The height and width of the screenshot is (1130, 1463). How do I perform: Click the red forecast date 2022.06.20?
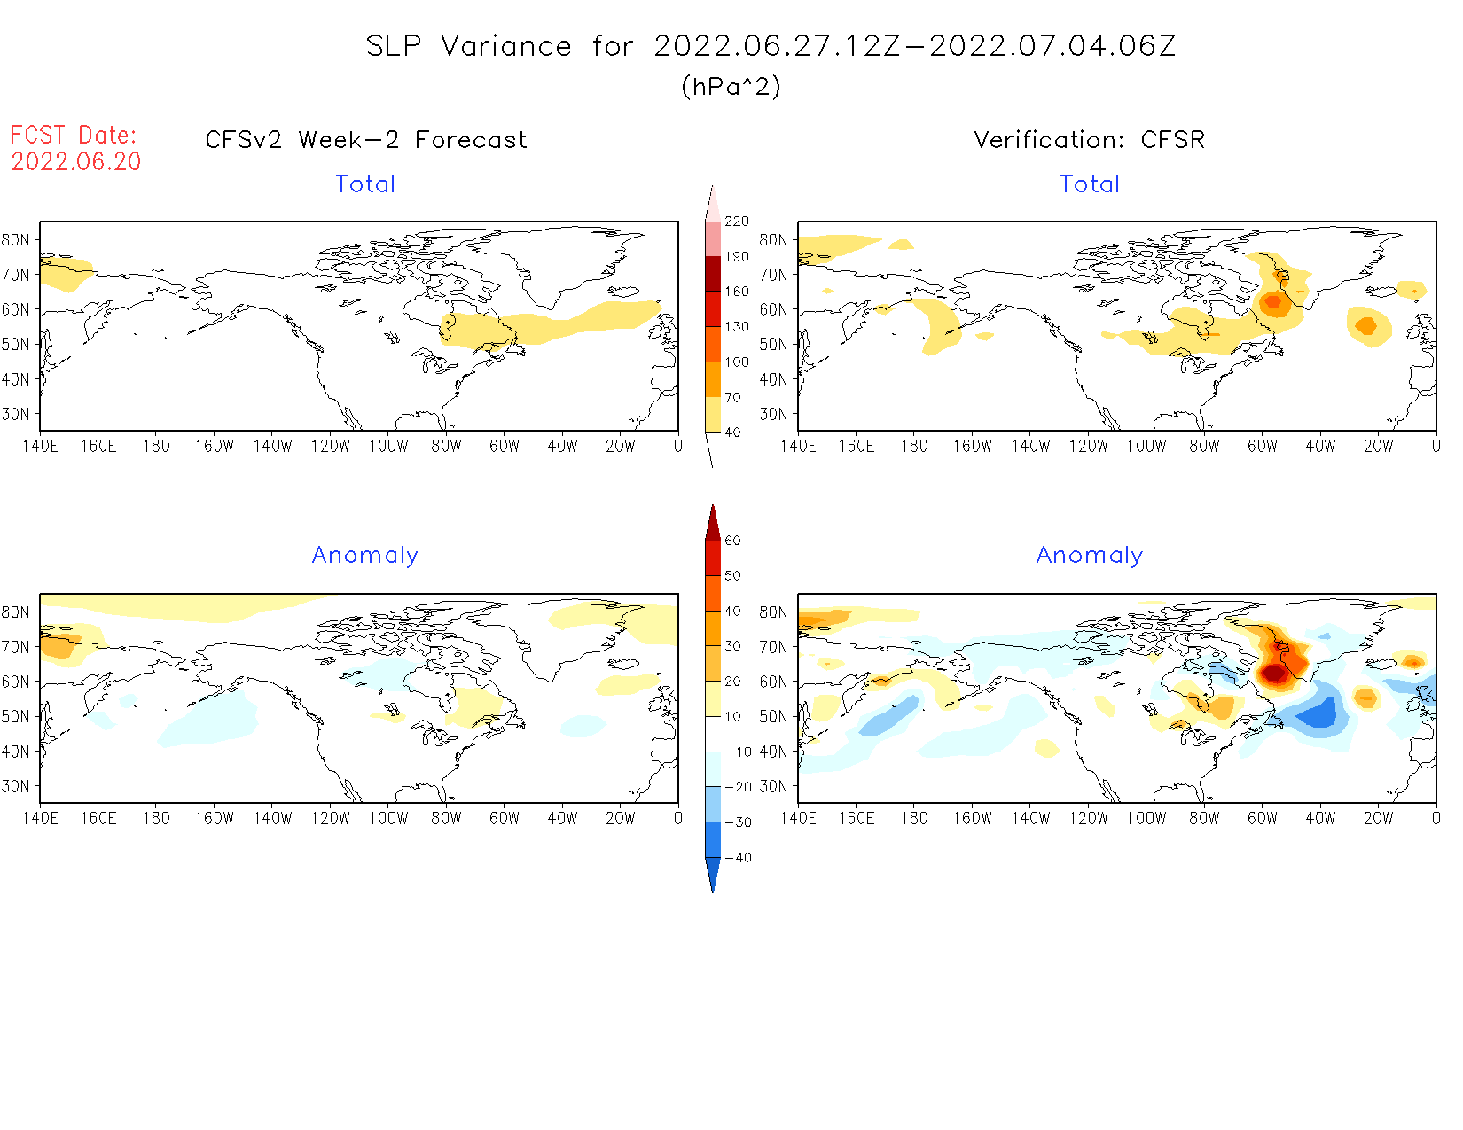(x=76, y=161)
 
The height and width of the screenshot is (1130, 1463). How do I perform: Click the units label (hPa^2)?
(x=731, y=87)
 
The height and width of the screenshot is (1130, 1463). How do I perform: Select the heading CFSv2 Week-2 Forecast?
(x=366, y=140)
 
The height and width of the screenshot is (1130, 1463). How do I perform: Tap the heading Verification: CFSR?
(x=1090, y=140)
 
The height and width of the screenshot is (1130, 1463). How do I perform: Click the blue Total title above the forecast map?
(x=365, y=184)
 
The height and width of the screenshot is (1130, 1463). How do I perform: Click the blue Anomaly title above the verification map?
(x=1090, y=556)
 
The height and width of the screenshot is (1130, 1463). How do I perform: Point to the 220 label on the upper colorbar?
(x=737, y=222)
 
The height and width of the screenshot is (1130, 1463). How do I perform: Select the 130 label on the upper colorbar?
(x=737, y=327)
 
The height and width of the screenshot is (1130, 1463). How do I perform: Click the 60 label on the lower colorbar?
(x=732, y=541)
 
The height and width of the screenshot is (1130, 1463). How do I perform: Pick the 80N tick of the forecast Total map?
(x=16, y=240)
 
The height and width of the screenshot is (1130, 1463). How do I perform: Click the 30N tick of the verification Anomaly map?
(x=773, y=786)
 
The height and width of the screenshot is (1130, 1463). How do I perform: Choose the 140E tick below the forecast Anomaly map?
(x=40, y=818)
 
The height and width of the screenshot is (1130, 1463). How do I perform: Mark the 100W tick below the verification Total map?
(x=1146, y=447)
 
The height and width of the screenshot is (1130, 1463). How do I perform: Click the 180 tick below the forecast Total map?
(x=156, y=447)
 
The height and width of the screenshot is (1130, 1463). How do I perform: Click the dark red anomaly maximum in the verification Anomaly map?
(x=1274, y=673)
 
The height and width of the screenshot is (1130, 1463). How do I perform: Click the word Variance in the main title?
(x=506, y=46)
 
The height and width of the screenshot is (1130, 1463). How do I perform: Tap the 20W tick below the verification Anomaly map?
(x=1378, y=818)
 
